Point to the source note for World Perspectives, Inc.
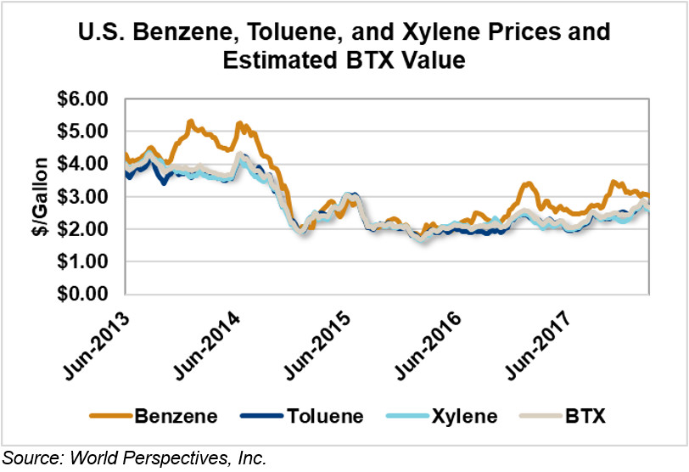pos(135,459)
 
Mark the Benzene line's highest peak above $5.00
pos(191,121)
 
